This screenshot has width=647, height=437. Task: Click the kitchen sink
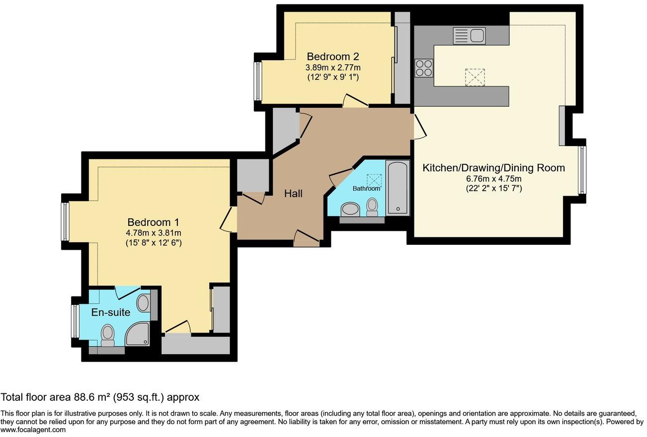click(x=469, y=36)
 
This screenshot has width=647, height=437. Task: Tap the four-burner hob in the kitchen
click(x=423, y=68)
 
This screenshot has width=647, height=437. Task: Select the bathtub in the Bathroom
click(x=397, y=187)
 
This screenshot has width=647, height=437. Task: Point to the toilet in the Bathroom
click(x=372, y=207)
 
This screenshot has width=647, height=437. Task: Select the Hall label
click(x=293, y=194)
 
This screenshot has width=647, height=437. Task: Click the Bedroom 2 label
click(x=332, y=57)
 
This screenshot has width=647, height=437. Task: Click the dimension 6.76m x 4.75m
click(x=493, y=179)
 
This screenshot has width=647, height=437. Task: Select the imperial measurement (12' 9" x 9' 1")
click(x=333, y=77)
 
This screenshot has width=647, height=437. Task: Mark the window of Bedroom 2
click(x=258, y=80)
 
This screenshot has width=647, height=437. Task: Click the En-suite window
click(x=76, y=321)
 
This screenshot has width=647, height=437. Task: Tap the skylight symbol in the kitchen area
click(x=474, y=76)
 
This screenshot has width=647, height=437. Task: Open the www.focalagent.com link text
click(x=33, y=430)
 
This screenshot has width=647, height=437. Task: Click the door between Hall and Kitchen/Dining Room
click(x=419, y=127)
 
